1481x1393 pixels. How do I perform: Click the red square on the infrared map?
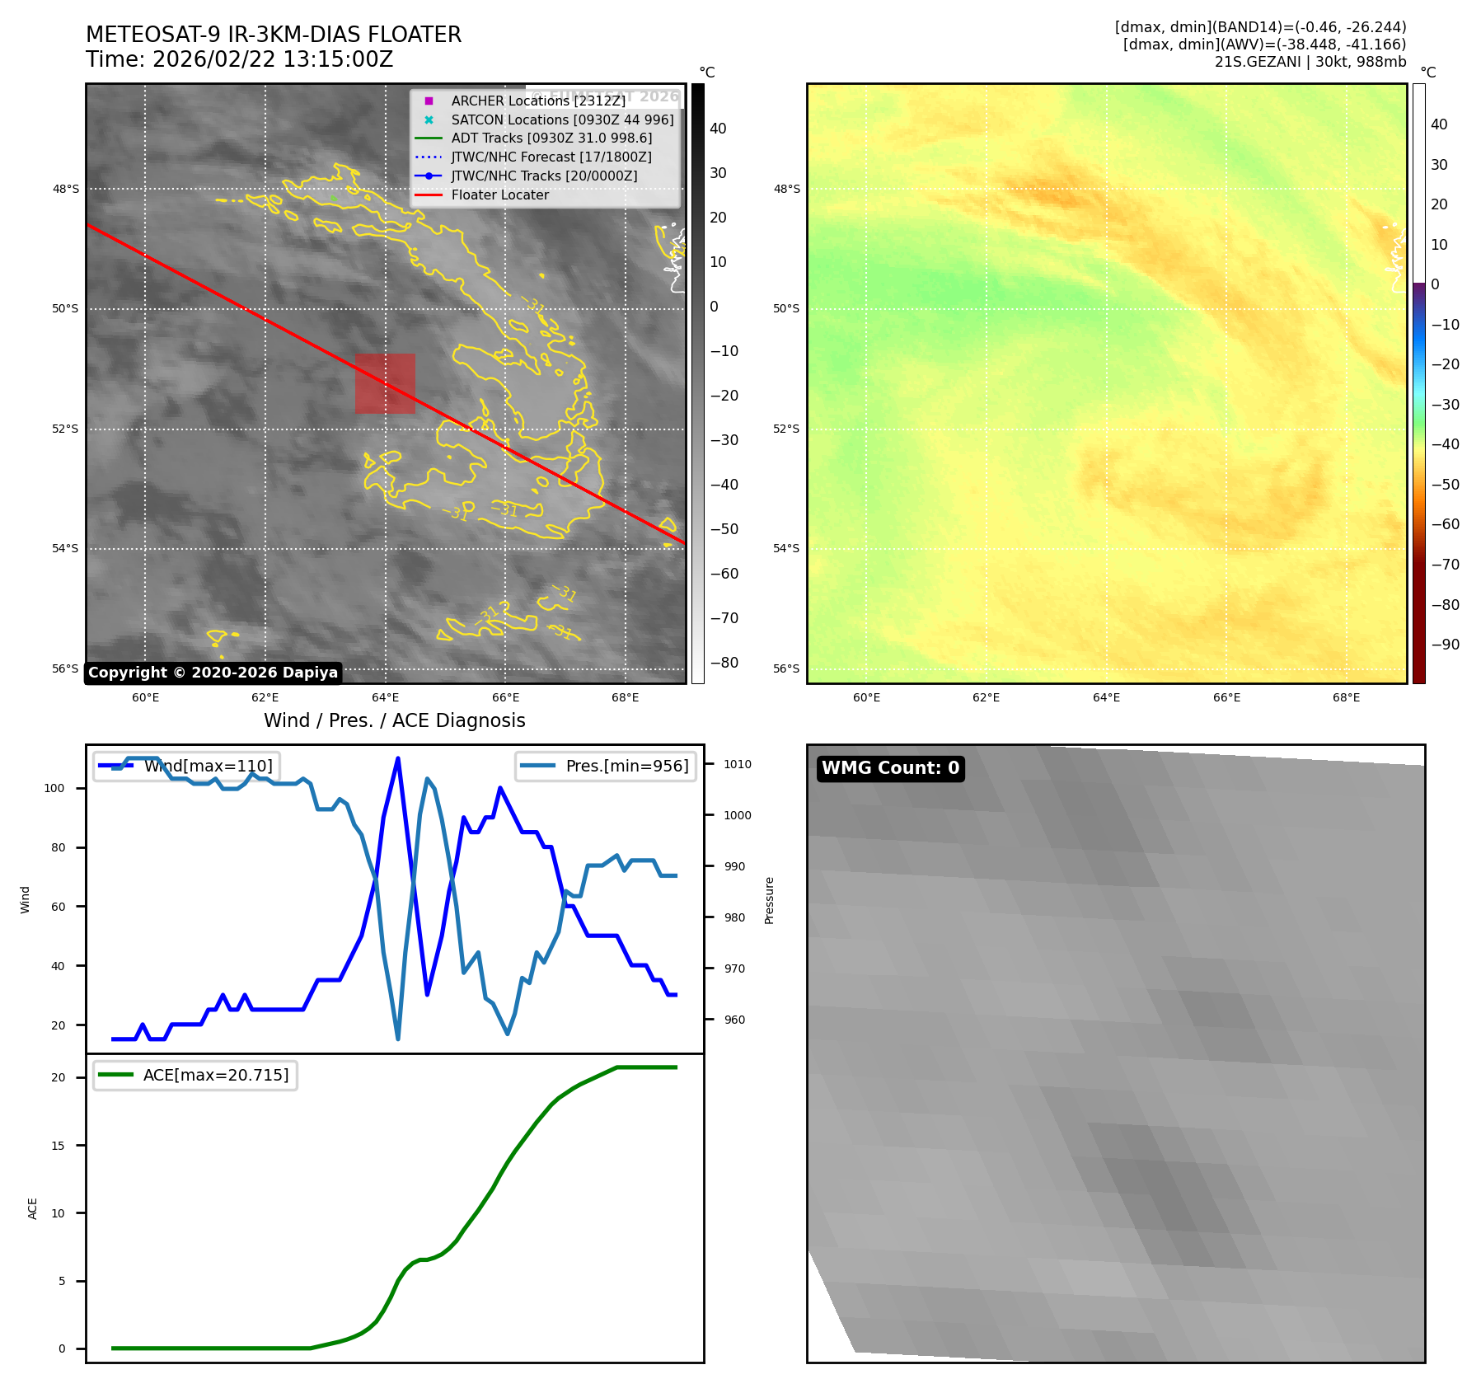coord(385,383)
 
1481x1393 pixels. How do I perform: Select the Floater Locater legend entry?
coord(499,195)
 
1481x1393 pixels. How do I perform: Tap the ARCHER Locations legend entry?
coord(538,101)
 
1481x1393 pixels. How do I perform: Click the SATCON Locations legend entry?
coord(562,120)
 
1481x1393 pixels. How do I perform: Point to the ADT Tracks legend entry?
coord(551,138)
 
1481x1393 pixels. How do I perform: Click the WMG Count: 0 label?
coord(890,768)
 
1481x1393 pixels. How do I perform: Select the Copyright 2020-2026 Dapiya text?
coord(213,673)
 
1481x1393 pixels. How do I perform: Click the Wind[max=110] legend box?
coord(186,766)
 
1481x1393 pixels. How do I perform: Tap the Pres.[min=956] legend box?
coord(606,766)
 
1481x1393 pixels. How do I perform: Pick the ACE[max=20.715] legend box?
coord(195,1075)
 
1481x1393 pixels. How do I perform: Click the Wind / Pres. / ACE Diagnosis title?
coord(394,720)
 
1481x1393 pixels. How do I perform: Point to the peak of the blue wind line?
coord(398,757)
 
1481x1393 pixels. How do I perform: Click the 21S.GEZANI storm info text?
coord(1310,62)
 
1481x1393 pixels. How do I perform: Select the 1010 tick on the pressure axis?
coord(738,764)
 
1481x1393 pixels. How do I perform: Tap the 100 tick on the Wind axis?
coord(54,788)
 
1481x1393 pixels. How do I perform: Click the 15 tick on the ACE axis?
coord(58,1146)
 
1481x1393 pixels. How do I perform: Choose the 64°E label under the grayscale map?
coord(385,697)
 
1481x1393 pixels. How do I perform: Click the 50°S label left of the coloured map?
coord(785,309)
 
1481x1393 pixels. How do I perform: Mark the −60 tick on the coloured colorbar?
coord(1445,524)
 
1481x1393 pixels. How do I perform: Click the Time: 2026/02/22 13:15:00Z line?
coord(239,59)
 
